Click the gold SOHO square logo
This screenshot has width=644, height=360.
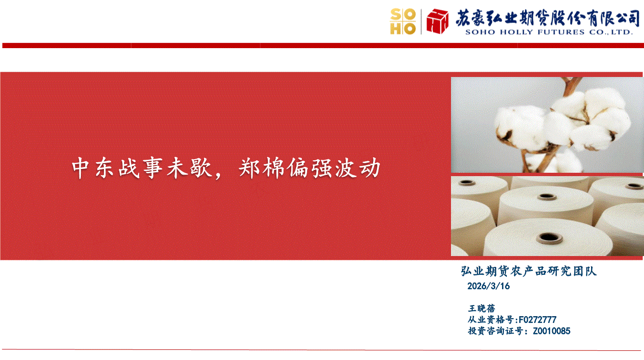click(403, 22)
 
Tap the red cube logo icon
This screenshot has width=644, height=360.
click(438, 21)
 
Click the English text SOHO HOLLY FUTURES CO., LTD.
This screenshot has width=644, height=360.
click(549, 32)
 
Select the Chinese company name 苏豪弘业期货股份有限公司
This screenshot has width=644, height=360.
click(548, 18)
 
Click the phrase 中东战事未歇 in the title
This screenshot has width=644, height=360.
click(142, 168)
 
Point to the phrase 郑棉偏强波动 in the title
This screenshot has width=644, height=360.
click(309, 168)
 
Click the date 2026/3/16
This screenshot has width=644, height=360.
click(489, 286)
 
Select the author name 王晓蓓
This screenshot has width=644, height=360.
click(482, 309)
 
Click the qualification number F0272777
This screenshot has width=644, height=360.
click(537, 320)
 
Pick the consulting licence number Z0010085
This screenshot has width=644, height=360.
click(552, 331)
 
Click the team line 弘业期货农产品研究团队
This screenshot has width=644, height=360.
click(528, 271)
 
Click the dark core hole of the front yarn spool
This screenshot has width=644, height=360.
click(549, 237)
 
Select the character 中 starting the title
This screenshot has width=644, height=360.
click(80, 168)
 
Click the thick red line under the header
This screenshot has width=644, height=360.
click(323, 45)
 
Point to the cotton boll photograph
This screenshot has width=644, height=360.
click(547, 125)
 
